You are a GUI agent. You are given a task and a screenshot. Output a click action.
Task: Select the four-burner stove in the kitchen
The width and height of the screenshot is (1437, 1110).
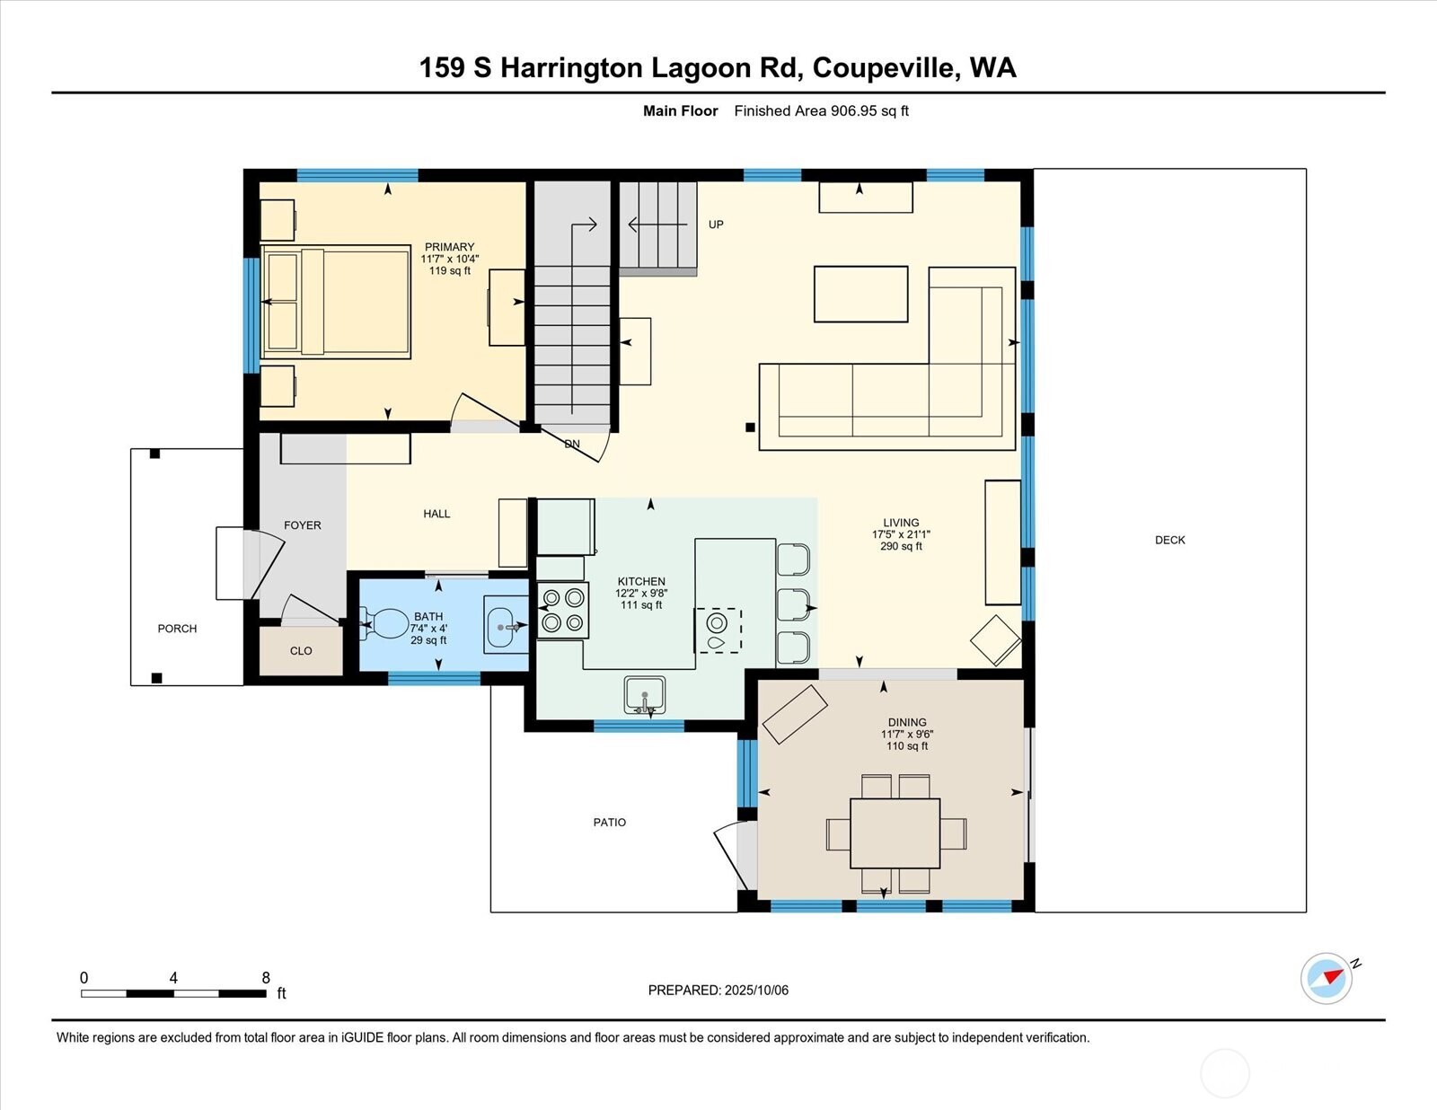pos(563,610)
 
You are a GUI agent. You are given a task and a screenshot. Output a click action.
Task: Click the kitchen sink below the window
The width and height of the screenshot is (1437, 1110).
pos(645,695)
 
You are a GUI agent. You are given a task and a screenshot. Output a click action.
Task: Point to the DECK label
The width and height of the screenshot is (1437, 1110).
pos(1169,540)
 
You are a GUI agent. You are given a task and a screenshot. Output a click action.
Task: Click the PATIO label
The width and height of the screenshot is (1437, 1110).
pos(609,822)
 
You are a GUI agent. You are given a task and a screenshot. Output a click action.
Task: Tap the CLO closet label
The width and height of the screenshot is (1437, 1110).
pos(301,651)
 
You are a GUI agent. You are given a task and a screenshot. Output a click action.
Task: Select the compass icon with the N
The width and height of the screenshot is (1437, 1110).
pos(1327,978)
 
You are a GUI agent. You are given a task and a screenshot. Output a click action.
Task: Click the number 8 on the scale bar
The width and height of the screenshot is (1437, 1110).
pos(266,978)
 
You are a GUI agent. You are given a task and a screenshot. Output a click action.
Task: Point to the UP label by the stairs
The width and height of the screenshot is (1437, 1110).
pos(716,225)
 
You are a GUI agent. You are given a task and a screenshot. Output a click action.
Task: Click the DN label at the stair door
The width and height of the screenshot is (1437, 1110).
pos(572,445)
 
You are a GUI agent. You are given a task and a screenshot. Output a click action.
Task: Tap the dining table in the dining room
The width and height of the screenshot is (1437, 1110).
pos(895,832)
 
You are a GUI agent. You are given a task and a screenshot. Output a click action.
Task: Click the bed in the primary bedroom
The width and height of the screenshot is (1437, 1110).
pos(337,303)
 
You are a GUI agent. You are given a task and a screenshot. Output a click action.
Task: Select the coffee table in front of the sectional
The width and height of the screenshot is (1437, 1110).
pos(860,294)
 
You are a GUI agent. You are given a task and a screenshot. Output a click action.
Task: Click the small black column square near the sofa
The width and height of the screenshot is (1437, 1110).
pos(750,427)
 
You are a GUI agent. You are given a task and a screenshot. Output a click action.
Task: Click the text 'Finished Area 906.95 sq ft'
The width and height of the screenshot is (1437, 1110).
pos(821,111)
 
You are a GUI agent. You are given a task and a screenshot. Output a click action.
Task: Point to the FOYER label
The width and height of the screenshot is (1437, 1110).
pos(302,525)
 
